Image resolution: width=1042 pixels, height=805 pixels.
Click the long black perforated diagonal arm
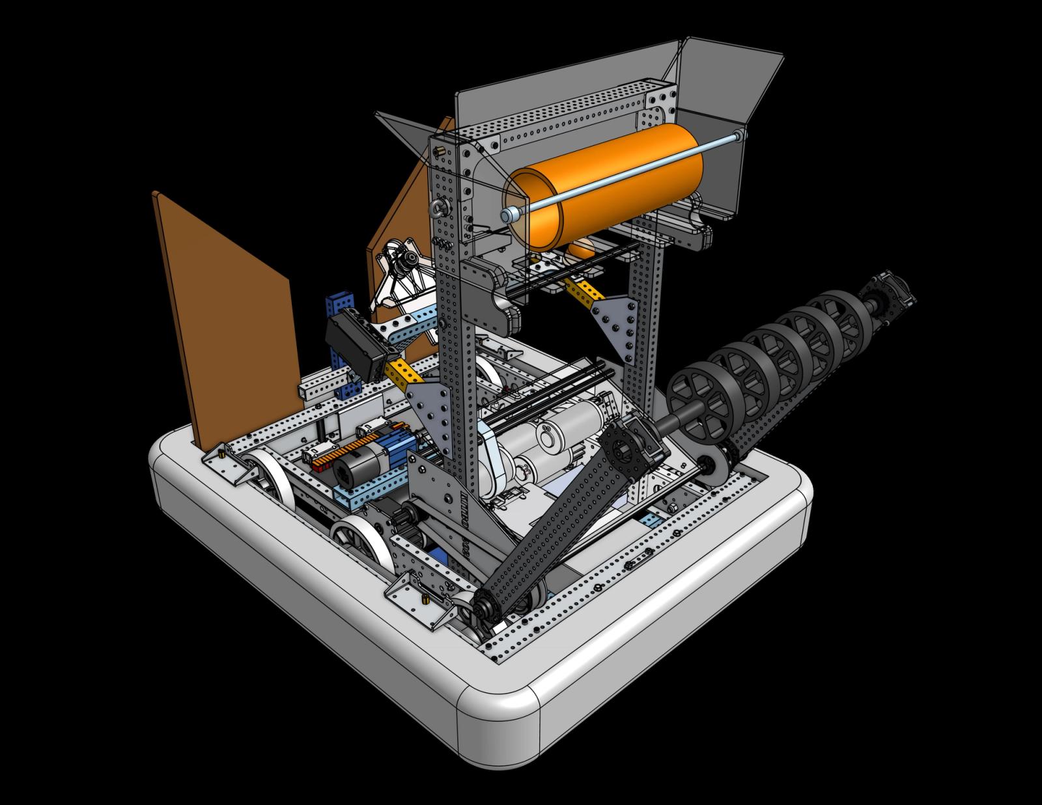[554, 514]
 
